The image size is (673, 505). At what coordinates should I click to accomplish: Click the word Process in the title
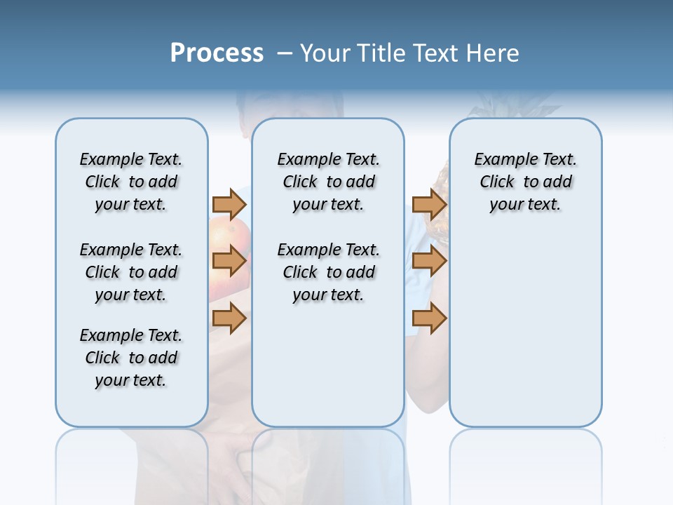point(217,53)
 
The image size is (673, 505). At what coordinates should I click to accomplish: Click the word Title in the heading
point(383,53)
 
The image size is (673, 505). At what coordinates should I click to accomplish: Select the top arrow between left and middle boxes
point(229,204)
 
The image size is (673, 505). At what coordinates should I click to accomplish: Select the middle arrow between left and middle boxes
point(229,261)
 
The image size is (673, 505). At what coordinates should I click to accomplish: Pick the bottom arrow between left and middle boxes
point(229,318)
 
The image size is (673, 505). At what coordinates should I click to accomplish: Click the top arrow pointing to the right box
point(429,204)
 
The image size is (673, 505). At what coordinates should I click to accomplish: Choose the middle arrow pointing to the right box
point(429,261)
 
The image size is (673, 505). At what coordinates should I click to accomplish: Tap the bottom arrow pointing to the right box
point(429,318)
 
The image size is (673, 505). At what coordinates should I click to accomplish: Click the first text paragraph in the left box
point(131,182)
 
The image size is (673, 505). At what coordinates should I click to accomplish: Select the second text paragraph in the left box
point(131,272)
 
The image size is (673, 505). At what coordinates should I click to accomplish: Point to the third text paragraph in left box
point(131,358)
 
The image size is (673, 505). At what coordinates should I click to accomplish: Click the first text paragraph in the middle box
point(328,182)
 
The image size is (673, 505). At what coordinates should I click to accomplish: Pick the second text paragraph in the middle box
point(328,272)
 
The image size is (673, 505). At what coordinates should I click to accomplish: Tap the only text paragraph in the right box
point(525,182)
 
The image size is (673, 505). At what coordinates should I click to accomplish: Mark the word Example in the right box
point(499,159)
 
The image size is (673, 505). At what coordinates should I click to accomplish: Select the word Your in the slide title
point(325,53)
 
